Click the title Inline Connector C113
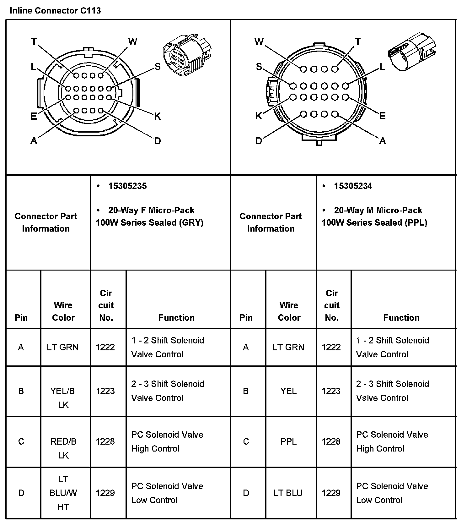tap(55, 11)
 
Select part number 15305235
tap(127, 186)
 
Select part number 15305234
tap(353, 186)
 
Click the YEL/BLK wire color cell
tap(63, 397)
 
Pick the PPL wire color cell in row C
tap(288, 441)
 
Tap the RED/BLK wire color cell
tap(63, 448)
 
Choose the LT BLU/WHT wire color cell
tap(63, 493)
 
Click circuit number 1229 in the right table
tap(331, 493)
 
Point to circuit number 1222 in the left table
tap(105, 347)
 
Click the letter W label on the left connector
tap(133, 41)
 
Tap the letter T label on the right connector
tap(358, 42)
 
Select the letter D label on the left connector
tap(158, 141)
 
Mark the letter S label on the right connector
tap(259, 67)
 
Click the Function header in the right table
tap(401, 318)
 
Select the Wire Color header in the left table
tap(63, 311)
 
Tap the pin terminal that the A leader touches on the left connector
tap(76, 111)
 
